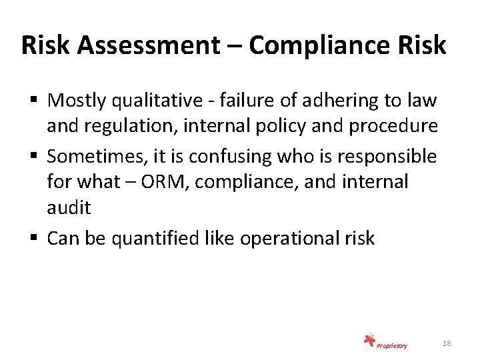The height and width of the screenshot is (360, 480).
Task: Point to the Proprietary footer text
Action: pyautogui.click(x=391, y=345)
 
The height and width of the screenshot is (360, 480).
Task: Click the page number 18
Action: pyautogui.click(x=447, y=343)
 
